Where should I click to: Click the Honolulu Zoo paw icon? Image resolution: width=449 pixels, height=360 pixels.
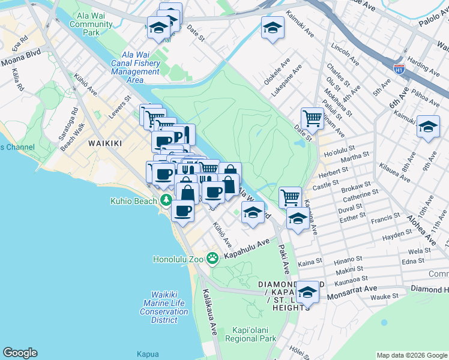point(212,258)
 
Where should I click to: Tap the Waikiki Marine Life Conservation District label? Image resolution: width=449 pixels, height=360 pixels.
point(164,303)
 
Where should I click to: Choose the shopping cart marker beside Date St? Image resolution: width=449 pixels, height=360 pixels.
point(312,118)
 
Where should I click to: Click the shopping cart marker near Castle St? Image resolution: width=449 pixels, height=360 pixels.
point(290,196)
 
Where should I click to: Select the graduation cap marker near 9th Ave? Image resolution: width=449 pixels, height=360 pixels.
point(427,127)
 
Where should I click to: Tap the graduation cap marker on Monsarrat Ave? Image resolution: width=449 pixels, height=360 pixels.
point(307,292)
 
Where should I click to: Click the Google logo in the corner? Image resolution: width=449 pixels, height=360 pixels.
point(20,353)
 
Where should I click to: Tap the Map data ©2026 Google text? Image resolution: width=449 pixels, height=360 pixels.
point(411,355)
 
